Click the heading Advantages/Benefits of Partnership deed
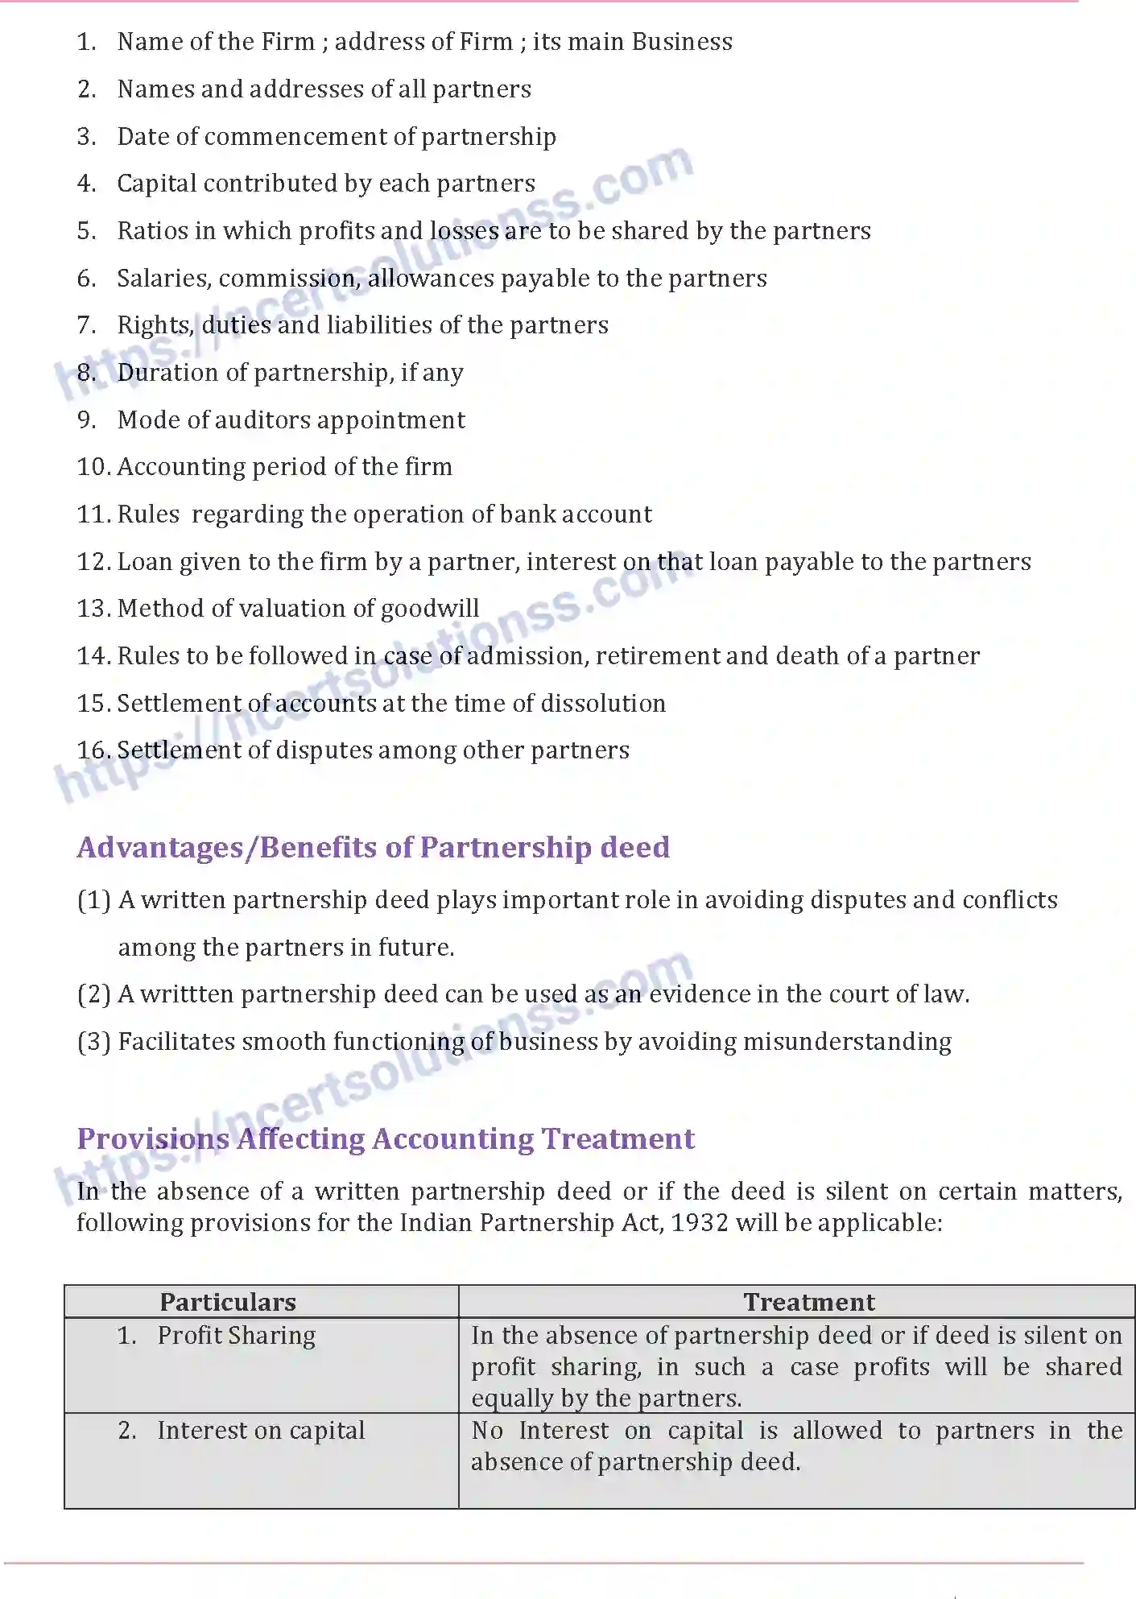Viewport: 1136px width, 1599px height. pyautogui.click(x=373, y=848)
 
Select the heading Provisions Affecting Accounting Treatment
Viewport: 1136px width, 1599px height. pyautogui.click(x=386, y=1139)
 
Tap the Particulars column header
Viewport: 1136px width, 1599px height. pyautogui.click(x=228, y=1302)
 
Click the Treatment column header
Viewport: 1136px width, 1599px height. pyautogui.click(x=808, y=1302)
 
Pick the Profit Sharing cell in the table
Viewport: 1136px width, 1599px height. pyautogui.click(x=236, y=1336)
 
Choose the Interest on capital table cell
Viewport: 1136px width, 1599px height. pyautogui.click(x=261, y=1431)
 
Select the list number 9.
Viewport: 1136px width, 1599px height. pyautogui.click(x=86, y=420)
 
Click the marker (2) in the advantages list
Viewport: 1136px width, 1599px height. pyautogui.click(x=93, y=994)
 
